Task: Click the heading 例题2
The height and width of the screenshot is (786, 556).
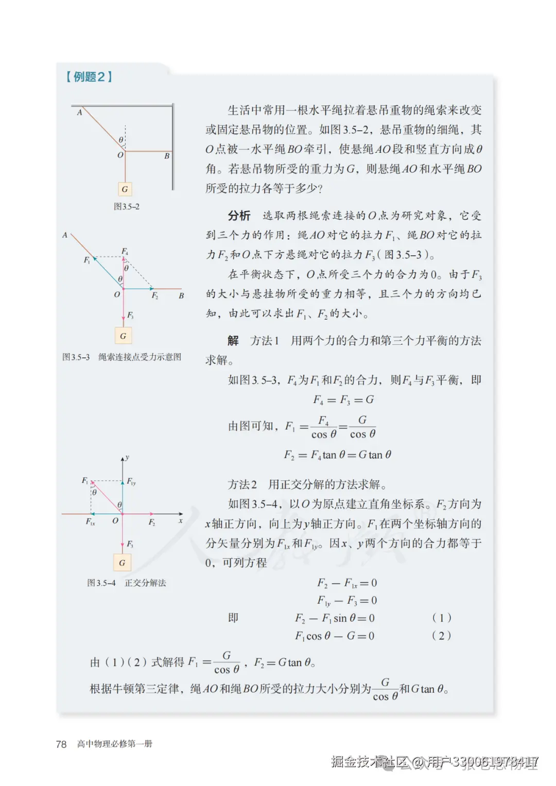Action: [89, 77]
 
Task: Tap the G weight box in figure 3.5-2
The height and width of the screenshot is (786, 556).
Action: [125, 189]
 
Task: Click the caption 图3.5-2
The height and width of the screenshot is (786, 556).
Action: [127, 206]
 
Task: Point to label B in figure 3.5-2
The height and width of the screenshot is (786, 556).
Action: [167, 156]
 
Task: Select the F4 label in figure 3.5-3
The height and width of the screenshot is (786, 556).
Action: [125, 251]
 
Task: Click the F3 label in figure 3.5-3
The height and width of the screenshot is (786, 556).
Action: [130, 315]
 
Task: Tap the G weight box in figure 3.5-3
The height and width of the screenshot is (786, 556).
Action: [123, 336]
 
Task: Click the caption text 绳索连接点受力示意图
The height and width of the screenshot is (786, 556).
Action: [140, 357]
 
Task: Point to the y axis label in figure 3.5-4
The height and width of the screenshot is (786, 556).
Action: [127, 457]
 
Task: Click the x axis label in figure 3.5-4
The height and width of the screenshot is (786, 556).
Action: [181, 521]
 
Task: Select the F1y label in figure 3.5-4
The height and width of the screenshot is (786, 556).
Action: [131, 482]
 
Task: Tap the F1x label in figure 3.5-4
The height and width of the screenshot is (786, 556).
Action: [90, 522]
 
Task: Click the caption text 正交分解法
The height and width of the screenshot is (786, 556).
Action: [145, 583]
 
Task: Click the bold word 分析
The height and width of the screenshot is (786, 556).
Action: [239, 216]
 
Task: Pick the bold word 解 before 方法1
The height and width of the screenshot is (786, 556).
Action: [233, 341]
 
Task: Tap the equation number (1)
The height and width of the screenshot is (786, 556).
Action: [441, 618]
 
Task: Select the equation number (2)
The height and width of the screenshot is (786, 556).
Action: [441, 636]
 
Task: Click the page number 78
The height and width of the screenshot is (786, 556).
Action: [61, 744]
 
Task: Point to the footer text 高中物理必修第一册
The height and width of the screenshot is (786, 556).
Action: [115, 744]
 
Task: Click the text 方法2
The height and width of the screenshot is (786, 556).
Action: [242, 484]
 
